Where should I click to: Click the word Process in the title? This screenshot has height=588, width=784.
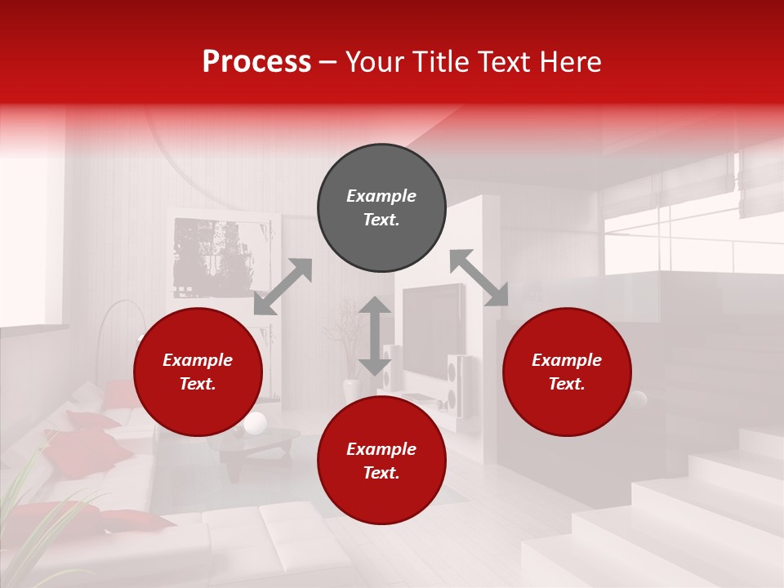tap(256, 62)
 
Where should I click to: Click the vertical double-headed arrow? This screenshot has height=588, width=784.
tap(375, 336)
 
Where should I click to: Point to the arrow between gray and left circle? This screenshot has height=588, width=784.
tap(283, 287)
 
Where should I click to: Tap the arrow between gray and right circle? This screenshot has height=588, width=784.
tap(479, 278)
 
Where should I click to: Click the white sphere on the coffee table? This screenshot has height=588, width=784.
tap(255, 423)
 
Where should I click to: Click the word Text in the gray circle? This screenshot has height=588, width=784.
tap(381, 220)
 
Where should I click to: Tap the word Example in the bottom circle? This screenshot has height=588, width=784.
tap(381, 448)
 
